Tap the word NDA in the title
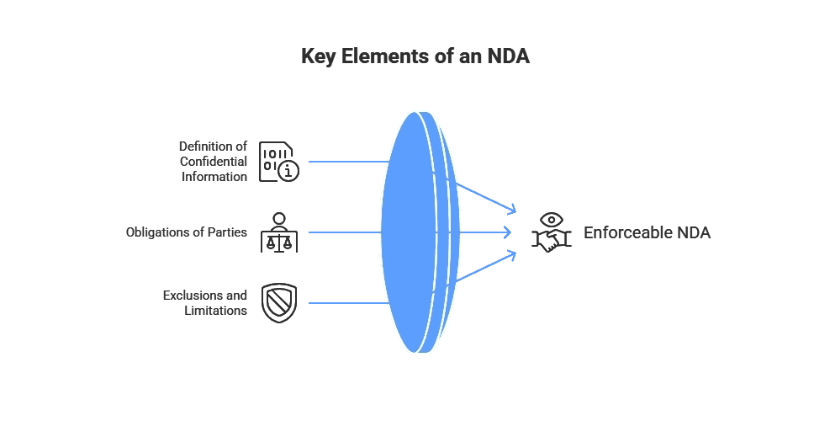coord(509,57)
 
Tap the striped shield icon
coord(279,302)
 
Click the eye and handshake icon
coord(552,232)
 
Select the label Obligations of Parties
coord(187,232)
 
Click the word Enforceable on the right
coord(628,232)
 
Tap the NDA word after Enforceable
coord(693,232)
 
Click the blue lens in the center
coord(410,232)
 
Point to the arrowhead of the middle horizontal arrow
coord(508,232)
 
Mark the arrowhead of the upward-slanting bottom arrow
coord(511,253)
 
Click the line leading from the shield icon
coord(346,302)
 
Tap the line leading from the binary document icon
coord(346,161)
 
